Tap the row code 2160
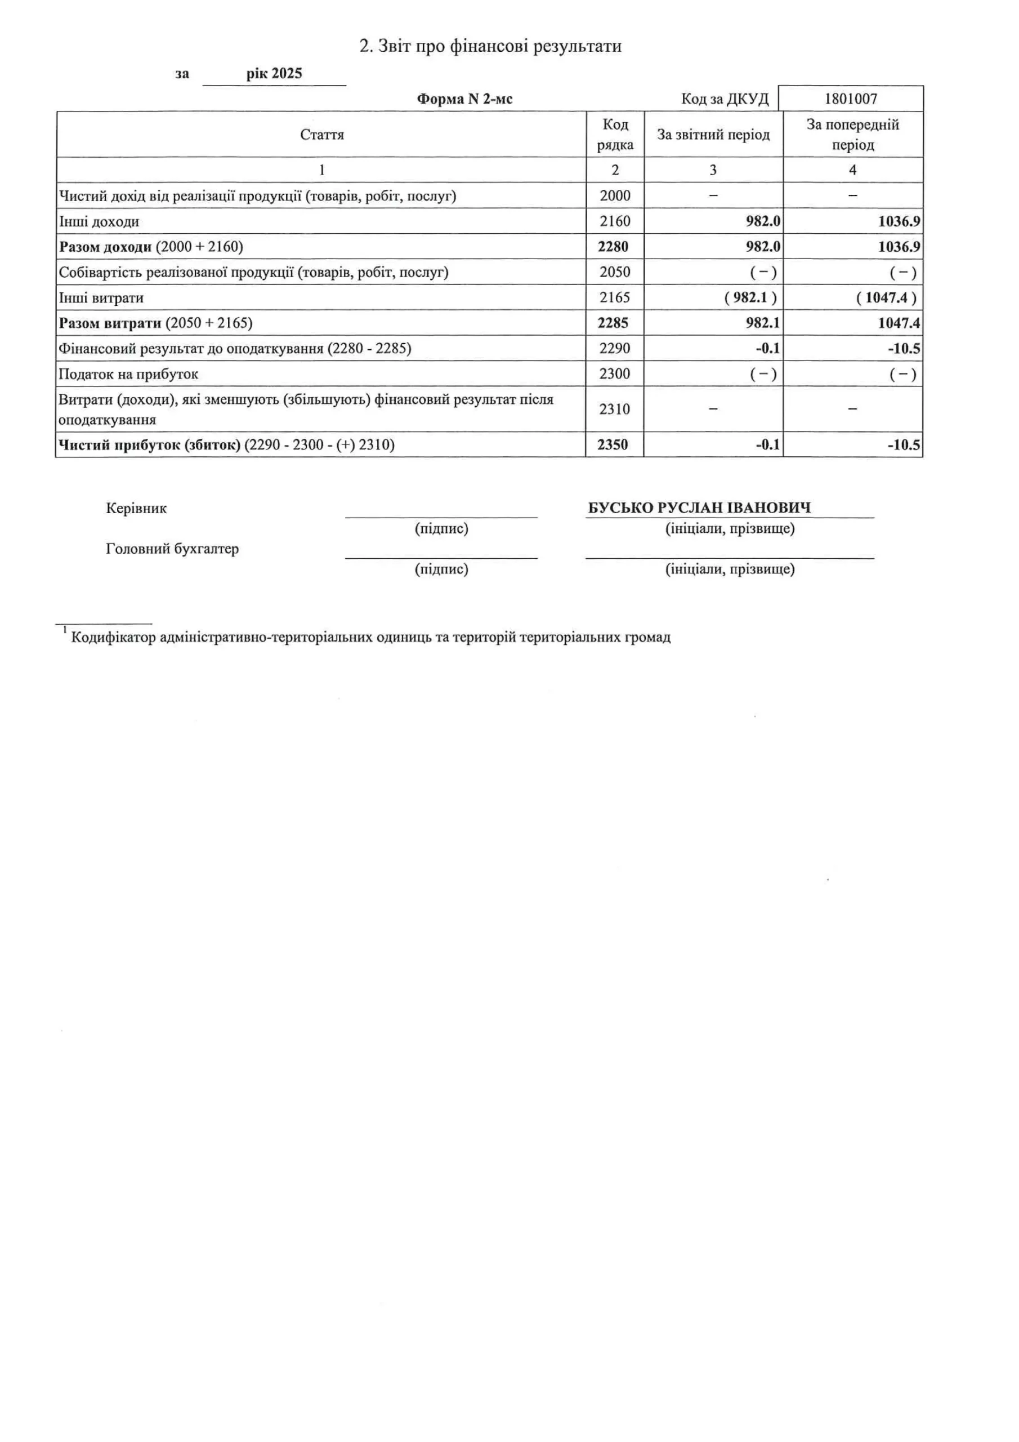(614, 221)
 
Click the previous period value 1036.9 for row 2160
(899, 221)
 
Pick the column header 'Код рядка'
(615, 135)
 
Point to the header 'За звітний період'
(713, 135)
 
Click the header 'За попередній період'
(852, 135)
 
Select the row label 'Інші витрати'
(101, 298)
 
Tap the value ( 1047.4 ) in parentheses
(886, 298)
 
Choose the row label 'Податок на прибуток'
(128, 375)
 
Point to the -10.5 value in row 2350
(904, 444)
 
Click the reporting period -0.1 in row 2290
(767, 349)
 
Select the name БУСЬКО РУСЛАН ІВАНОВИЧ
(699, 508)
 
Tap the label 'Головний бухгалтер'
(172, 549)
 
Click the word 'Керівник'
(136, 509)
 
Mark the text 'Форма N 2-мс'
(464, 99)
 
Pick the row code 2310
(614, 409)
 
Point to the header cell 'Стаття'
(321, 135)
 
